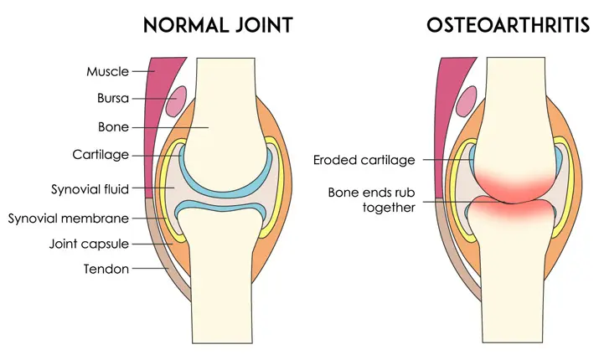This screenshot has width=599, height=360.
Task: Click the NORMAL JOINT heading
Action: coord(218,24)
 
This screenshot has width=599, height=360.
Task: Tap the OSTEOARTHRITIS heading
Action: coord(508,24)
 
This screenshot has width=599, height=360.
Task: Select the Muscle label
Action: coord(108,72)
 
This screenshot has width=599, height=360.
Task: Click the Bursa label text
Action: coord(112,99)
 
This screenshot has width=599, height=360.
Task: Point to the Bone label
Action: coord(114,127)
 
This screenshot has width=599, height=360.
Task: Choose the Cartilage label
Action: coord(101,155)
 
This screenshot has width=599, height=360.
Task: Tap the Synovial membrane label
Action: coord(69,219)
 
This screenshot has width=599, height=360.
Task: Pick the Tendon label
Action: coord(107,270)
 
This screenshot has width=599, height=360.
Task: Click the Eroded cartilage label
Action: coord(364,159)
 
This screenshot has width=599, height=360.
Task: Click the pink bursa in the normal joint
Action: coord(176,102)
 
